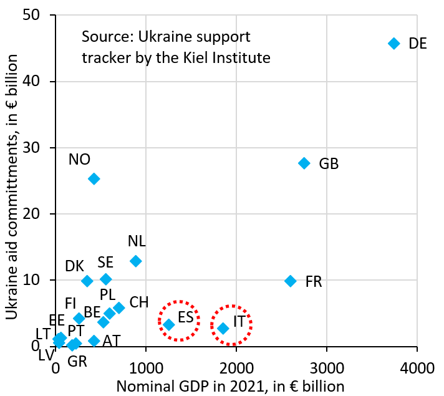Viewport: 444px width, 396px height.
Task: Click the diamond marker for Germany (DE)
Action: pyautogui.click(x=393, y=43)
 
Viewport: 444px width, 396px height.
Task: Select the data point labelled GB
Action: pyautogui.click(x=304, y=163)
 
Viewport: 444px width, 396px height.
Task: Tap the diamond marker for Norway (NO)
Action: pyautogui.click(x=94, y=179)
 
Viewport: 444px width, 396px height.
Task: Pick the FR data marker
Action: pyautogui.click(x=290, y=281)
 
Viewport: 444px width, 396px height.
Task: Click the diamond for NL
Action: pyautogui.click(x=135, y=261)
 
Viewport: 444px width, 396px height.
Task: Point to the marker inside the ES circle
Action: pyautogui.click(x=168, y=324)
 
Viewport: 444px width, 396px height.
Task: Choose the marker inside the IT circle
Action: pyautogui.click(x=223, y=328)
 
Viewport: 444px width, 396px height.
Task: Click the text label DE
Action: pyautogui.click(x=417, y=44)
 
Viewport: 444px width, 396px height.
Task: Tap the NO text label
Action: pyautogui.click(x=79, y=160)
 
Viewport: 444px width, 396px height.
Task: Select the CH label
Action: pyautogui.click(x=139, y=302)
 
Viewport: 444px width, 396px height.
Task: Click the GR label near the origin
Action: pyautogui.click(x=77, y=361)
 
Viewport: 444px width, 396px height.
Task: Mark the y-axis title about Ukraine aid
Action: pyautogui.click(x=14, y=181)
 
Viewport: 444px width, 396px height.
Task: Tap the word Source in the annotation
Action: pyautogui.click(x=104, y=36)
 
